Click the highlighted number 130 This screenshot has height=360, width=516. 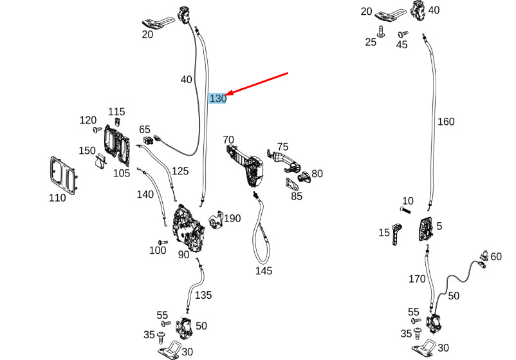pos(218,98)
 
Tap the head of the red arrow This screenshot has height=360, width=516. pos(227,94)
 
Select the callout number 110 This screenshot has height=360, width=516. pos(57,198)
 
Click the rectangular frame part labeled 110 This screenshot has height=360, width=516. pos(63,174)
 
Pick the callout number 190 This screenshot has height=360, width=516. pos(232,218)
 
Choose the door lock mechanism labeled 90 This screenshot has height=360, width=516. pos(189,229)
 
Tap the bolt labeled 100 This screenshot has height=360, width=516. pos(163,243)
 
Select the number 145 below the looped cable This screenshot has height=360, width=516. pos(264,270)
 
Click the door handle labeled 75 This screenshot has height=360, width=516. pos(284,160)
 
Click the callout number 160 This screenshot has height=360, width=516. pos(446,122)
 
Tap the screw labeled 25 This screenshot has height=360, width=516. pos(381,32)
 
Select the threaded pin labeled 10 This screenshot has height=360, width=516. pos(405,209)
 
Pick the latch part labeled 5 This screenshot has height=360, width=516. pos(425,229)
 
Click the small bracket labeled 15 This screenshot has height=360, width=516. pos(397,234)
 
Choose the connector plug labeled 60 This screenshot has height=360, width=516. pos(484,258)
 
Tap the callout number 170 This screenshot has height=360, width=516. pos(417,279)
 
